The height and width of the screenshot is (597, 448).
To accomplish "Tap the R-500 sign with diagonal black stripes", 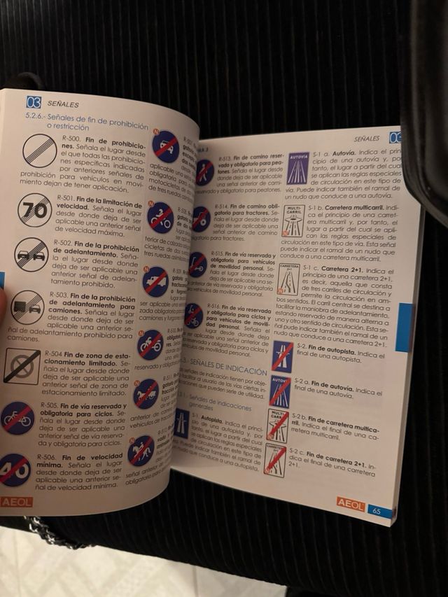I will [x=39, y=150].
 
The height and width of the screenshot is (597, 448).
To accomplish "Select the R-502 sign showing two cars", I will [x=31, y=254].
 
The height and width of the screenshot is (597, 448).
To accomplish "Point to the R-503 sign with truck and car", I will [x=27, y=307].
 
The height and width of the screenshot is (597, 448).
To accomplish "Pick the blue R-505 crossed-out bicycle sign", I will [x=17, y=418].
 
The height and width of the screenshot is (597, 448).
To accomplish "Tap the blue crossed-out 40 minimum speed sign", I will [x=14, y=470].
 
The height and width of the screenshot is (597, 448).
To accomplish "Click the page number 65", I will [x=376, y=511].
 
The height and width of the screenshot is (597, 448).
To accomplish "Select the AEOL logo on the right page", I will [x=350, y=503].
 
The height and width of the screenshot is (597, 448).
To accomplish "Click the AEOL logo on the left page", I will [x=16, y=501].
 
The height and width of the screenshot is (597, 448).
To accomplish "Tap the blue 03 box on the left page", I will [x=34, y=102].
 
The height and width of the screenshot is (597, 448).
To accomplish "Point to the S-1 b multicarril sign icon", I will [x=293, y=220].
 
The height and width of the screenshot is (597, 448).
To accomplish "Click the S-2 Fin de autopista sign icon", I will [x=282, y=356].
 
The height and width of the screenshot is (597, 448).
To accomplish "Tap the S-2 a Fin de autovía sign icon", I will [x=280, y=391].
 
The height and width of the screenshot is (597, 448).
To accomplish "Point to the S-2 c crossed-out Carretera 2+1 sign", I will [x=274, y=460].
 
